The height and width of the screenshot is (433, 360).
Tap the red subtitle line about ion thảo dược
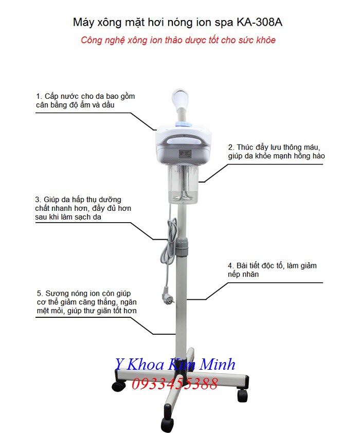click(178, 40)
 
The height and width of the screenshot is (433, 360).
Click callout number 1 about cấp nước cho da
click(85, 100)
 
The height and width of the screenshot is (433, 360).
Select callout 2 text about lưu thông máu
click(276, 151)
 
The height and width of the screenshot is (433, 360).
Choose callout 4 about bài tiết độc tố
click(272, 270)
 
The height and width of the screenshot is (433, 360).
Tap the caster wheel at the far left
click(119, 384)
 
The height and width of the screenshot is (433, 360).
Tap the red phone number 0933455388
click(175, 383)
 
